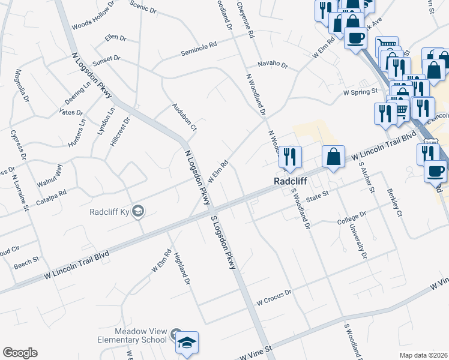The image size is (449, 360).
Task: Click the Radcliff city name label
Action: tap(291, 181)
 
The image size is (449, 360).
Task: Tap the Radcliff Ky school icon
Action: tap(138, 211)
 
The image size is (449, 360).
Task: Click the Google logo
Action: tap(20, 353)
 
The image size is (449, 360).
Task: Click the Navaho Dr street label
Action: tap(273, 64)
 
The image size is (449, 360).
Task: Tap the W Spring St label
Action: tap(360, 92)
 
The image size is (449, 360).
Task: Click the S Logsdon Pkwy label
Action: tap(223, 240)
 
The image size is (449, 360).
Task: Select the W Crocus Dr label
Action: tap(273, 292)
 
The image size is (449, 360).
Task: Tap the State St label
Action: tap(319, 194)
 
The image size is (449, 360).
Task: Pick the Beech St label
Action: tap(27, 260)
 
